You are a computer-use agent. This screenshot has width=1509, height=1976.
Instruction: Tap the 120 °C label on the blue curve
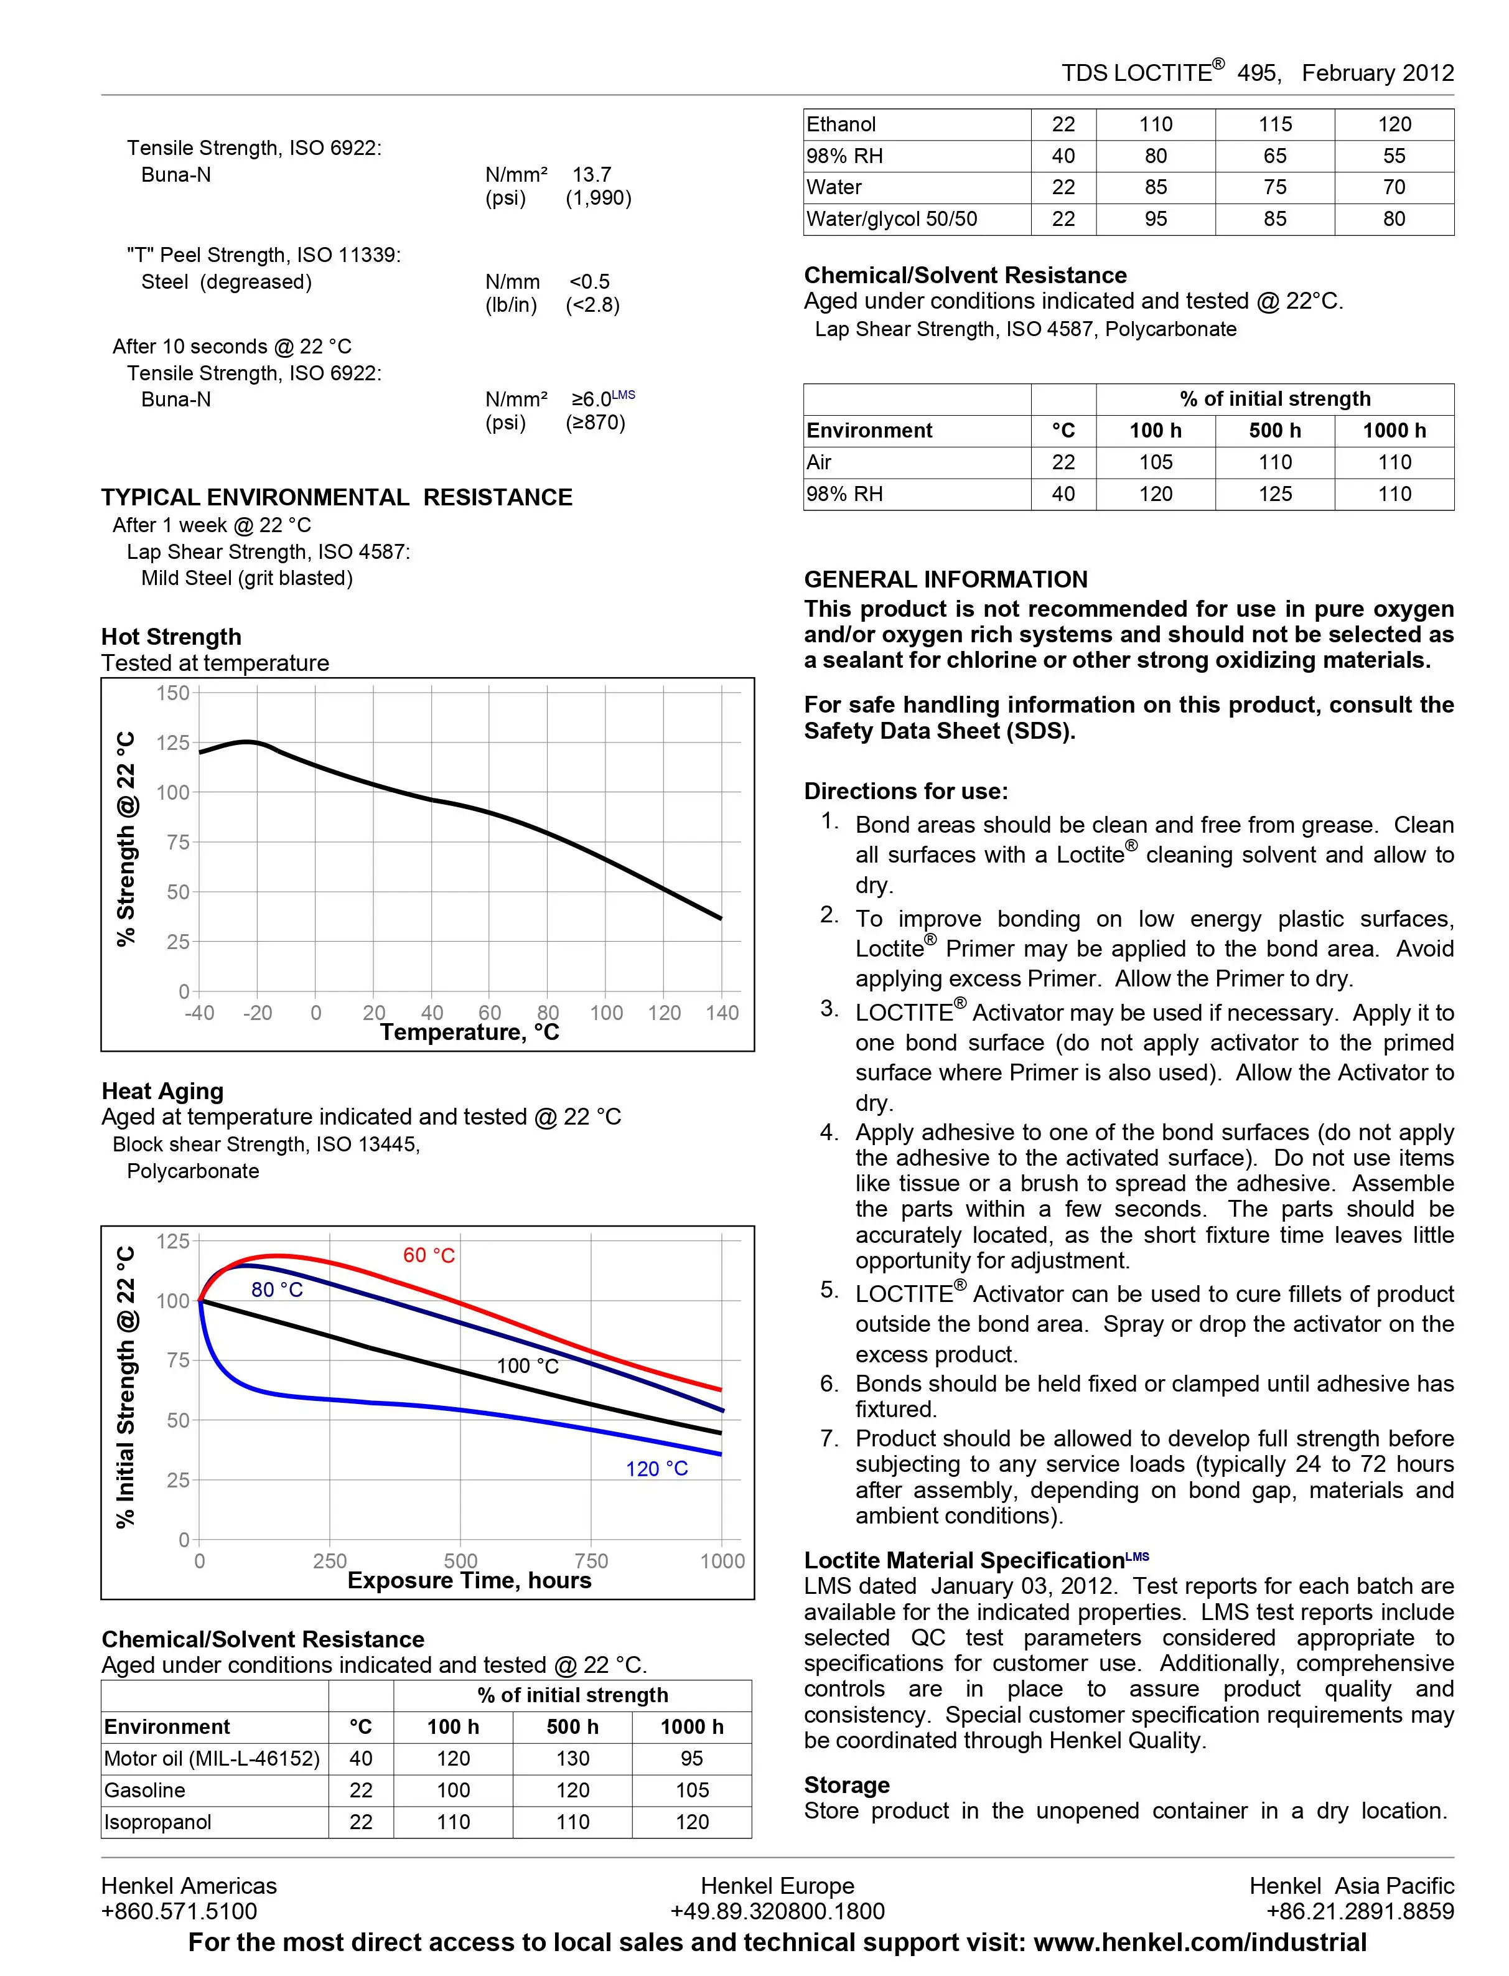pyautogui.click(x=656, y=1469)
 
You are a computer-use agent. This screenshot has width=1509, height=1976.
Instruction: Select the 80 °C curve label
pyautogui.click(x=277, y=1290)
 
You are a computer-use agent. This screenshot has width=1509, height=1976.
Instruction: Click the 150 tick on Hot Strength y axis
pyautogui.click(x=172, y=693)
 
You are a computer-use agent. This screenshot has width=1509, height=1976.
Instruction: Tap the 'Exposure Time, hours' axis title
pyautogui.click(x=469, y=1581)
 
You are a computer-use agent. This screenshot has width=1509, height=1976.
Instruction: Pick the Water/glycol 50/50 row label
pyautogui.click(x=891, y=219)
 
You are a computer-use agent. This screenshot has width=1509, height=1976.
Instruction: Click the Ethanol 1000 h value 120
pyautogui.click(x=1394, y=125)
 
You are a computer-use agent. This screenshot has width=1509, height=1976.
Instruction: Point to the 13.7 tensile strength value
pyautogui.click(x=592, y=174)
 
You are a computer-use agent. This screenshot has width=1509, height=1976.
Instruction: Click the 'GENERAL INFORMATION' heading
pyautogui.click(x=945, y=579)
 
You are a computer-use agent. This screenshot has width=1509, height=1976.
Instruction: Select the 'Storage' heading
pyautogui.click(x=846, y=1785)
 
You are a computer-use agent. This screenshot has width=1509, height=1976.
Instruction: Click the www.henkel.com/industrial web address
pyautogui.click(x=1200, y=1943)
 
